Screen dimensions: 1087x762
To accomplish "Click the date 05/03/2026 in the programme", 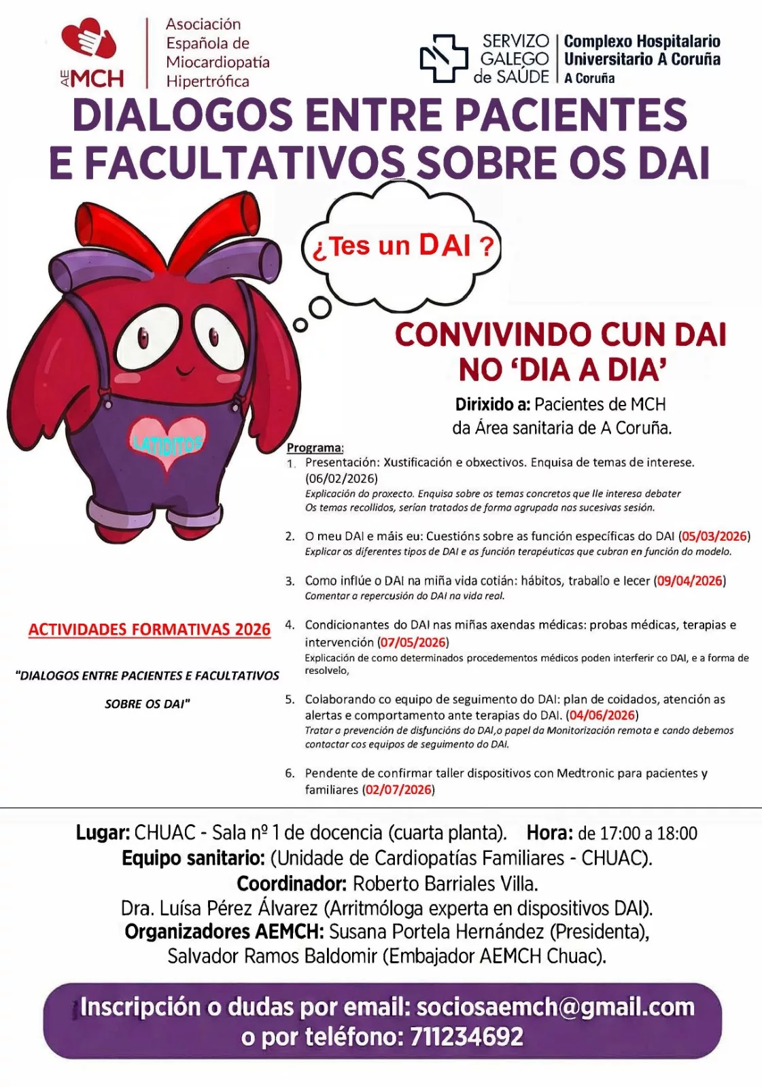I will pos(714,536).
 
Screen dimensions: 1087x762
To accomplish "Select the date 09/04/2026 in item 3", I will pos(689,581).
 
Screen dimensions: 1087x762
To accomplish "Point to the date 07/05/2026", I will pos(413,642).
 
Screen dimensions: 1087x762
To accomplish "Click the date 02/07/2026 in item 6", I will pos(398,789).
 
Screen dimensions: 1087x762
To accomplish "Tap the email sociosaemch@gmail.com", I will pos(555,1007).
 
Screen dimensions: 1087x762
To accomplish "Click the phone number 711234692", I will pos(466,1037).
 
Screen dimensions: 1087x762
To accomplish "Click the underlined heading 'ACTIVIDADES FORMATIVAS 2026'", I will pos(150,630).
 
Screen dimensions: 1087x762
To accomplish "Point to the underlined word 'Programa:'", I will pos(315,448).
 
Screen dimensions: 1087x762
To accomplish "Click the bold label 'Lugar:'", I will pos(103,833).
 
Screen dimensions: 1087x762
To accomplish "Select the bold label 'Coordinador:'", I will pos(292,884).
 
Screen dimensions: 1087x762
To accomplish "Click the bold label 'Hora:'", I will pos(549,833).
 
